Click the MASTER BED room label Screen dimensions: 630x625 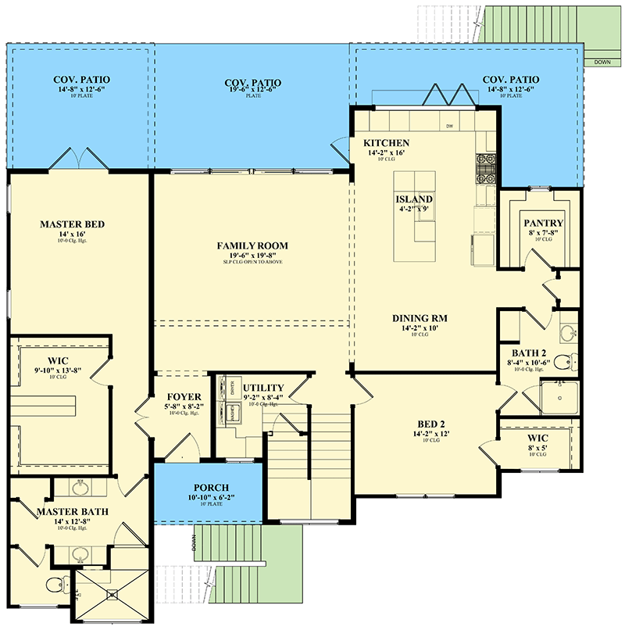[x=72, y=224]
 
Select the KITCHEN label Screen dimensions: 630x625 [x=387, y=143]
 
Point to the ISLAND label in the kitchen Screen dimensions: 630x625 [x=414, y=199]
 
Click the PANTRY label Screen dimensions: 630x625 [x=543, y=224]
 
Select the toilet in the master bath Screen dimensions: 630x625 [x=52, y=585]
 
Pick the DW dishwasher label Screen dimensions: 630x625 [x=449, y=126]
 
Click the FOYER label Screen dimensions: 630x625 [x=184, y=396]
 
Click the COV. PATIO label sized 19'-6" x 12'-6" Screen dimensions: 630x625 [x=252, y=83]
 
